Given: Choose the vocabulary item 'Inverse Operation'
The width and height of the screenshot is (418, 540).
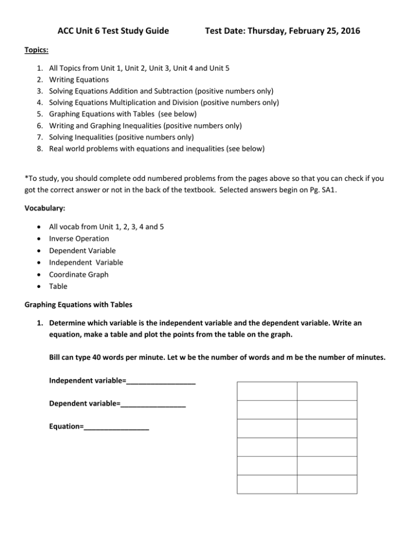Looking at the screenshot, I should click(x=79, y=238).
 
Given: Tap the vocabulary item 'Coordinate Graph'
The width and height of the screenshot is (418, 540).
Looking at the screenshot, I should click(x=78, y=274).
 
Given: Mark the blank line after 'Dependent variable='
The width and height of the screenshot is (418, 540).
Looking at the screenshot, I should click(x=153, y=404).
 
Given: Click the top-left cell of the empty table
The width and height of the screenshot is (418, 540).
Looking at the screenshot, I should click(x=267, y=391).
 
